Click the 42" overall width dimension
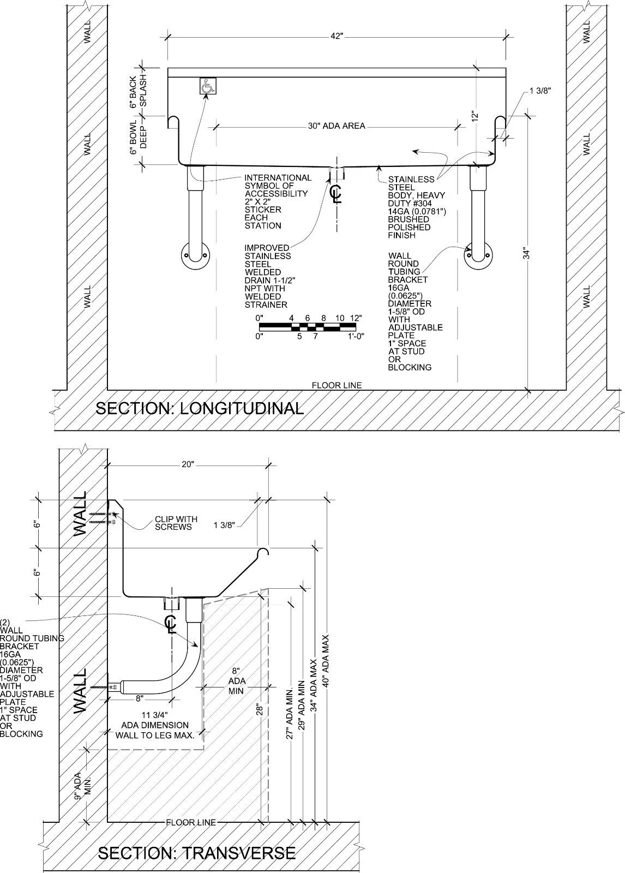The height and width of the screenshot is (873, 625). pos(336,36)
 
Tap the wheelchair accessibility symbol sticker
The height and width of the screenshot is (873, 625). pos(207,86)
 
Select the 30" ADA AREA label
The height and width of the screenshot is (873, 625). pos(336,126)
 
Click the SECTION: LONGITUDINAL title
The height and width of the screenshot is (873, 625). pos(200,408)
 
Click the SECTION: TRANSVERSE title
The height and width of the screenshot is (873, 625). pos(196,853)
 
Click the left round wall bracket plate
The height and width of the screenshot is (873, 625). pos(195,256)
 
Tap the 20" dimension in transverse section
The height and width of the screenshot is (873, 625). pos(188,465)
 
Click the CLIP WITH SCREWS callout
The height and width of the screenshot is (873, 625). pos(176,523)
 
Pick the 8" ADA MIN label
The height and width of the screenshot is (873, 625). pos(237,681)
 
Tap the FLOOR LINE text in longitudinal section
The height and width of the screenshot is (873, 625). pos(336,385)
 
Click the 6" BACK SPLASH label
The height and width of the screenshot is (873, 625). pos(139,91)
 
